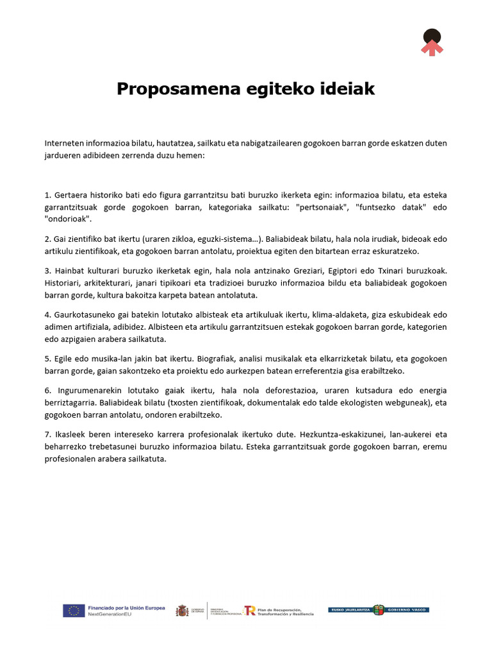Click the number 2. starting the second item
48,239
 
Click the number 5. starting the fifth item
48,359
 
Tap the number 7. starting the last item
48,434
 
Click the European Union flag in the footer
74,611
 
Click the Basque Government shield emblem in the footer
379,610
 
